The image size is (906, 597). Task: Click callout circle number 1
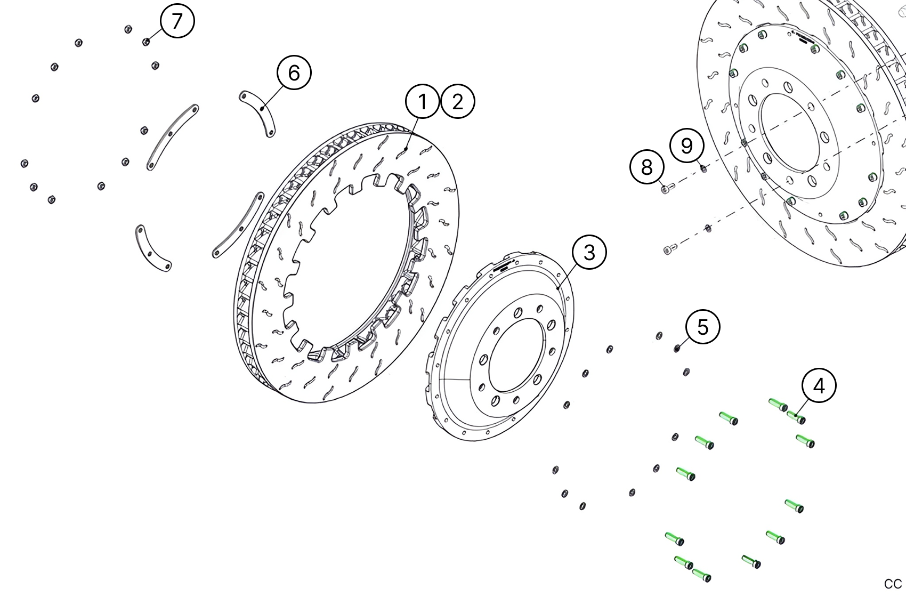[422, 101]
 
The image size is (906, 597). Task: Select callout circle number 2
[457, 101]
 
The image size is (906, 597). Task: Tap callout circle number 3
[589, 252]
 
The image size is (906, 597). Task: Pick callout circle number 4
[819, 385]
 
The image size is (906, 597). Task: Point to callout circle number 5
[703, 327]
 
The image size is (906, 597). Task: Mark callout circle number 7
[177, 21]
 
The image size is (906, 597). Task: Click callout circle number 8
[647, 167]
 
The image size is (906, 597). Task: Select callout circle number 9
[687, 145]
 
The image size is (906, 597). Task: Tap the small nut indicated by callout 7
[146, 42]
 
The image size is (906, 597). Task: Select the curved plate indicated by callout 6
[258, 113]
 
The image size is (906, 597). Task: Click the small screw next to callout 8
[667, 188]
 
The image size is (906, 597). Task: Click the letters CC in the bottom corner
[893, 583]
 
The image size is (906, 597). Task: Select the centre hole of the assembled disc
[794, 133]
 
